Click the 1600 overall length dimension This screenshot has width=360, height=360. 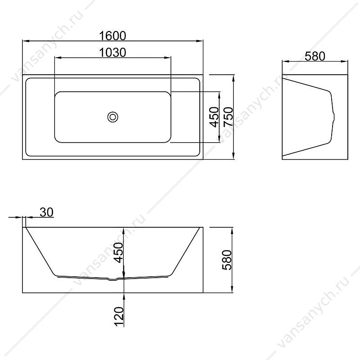[x=112, y=36]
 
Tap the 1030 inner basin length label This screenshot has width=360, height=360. [x=112, y=53]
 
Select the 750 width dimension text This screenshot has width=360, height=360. [x=229, y=117]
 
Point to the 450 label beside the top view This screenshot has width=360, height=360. [x=215, y=117]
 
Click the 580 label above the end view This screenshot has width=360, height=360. [x=315, y=56]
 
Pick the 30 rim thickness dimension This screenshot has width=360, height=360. [x=46, y=212]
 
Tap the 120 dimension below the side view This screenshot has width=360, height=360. [x=119, y=316]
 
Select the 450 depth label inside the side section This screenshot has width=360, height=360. [x=119, y=252]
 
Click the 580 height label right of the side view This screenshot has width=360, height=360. [x=227, y=260]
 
